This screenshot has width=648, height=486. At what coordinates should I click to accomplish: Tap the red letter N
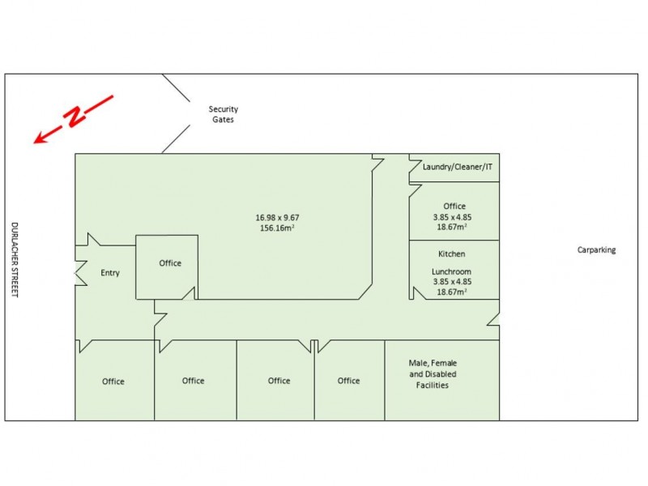pyautogui.click(x=75, y=118)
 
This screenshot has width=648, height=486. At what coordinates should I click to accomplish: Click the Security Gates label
pyautogui.click(x=223, y=114)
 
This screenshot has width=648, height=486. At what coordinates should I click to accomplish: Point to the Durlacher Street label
pyautogui.click(x=14, y=259)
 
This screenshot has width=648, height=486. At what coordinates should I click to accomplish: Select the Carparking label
pyautogui.click(x=596, y=250)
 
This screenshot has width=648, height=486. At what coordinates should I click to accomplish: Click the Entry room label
pyautogui.click(x=110, y=273)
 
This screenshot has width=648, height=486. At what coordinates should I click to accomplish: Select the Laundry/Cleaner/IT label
pyautogui.click(x=458, y=167)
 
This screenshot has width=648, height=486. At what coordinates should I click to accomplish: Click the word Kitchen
pyautogui.click(x=452, y=254)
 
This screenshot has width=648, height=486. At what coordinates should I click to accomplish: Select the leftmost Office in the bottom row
pyautogui.click(x=113, y=382)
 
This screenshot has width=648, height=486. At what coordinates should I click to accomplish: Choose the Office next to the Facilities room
pyautogui.click(x=348, y=381)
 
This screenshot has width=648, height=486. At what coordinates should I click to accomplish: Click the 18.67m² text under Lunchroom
pyautogui.click(x=453, y=292)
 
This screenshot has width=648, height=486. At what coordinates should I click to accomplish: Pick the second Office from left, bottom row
pyautogui.click(x=193, y=381)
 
